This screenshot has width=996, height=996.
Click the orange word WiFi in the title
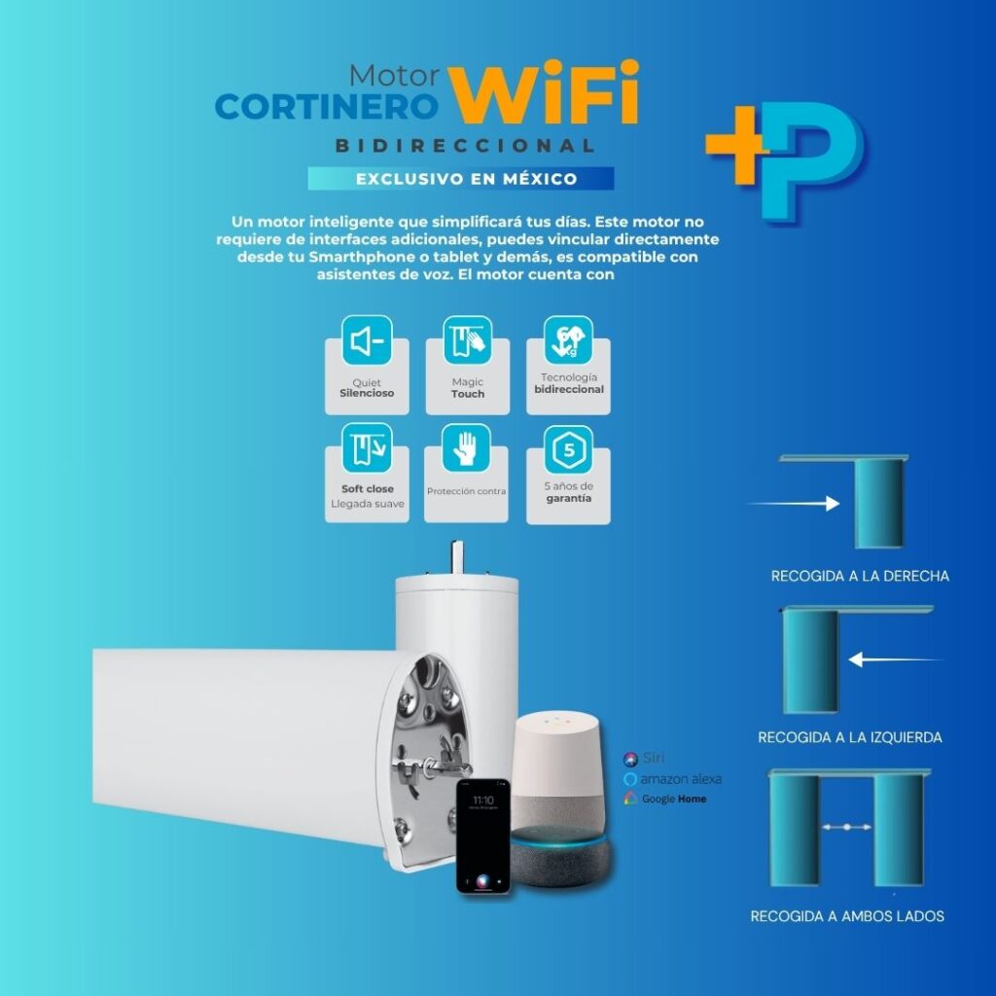click(544, 92)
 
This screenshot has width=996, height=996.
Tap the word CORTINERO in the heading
click(327, 107)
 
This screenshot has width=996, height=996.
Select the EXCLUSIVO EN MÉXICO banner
click(461, 179)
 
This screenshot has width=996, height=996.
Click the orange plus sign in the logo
click(738, 144)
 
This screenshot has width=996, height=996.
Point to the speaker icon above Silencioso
click(367, 340)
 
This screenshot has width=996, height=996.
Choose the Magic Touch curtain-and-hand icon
click(468, 340)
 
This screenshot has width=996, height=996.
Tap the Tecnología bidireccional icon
click(568, 340)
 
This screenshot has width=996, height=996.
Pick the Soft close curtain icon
click(367, 447)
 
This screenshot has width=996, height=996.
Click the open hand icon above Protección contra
click(466, 447)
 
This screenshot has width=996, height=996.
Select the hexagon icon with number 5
click(568, 449)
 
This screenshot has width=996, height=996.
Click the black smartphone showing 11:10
click(483, 836)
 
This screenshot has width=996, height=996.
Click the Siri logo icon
click(630, 759)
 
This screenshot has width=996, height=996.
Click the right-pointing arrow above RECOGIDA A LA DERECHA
click(793, 504)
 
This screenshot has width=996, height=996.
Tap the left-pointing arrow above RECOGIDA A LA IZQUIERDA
click(896, 659)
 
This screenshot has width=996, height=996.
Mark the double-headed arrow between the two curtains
click(847, 827)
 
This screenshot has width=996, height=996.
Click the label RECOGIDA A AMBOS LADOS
click(847, 916)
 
